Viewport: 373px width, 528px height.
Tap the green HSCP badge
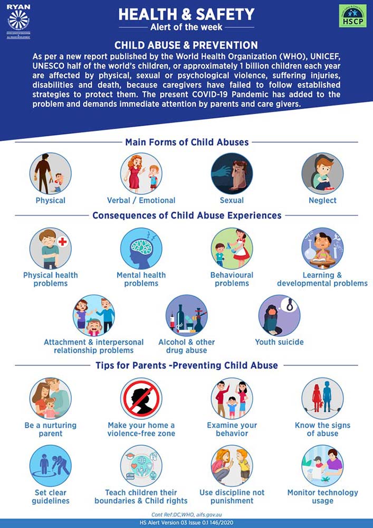352,16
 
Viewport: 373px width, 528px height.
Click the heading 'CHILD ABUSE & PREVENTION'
186,45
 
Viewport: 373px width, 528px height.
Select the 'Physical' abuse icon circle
51,174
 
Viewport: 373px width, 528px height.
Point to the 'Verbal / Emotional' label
141,201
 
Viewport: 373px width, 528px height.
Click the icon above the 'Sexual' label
232,174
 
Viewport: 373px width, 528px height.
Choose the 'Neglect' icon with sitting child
322,174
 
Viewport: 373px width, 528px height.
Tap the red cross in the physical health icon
63,242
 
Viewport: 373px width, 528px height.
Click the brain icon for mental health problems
141,249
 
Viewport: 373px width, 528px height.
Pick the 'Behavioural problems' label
232,279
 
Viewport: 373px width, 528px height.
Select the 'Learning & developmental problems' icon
322,249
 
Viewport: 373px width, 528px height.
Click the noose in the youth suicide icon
290,305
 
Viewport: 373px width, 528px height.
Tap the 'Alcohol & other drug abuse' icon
186,316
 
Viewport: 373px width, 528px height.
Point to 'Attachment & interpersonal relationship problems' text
89,346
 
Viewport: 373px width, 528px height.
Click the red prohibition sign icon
141,399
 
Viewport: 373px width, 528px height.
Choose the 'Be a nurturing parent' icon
51,399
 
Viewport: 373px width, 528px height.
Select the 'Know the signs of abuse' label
322,429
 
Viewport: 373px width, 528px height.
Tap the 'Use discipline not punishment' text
232,496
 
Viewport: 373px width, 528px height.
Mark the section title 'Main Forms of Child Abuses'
186,142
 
